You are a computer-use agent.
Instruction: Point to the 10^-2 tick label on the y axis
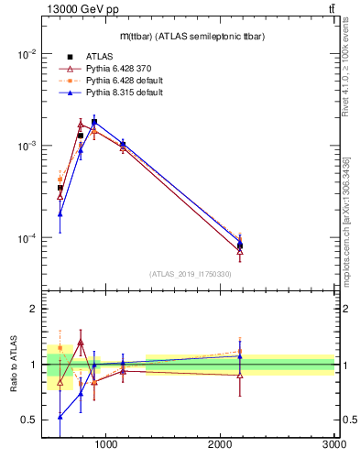(26, 54)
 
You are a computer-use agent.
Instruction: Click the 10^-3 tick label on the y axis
(26, 147)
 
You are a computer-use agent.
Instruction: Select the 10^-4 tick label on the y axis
(26, 238)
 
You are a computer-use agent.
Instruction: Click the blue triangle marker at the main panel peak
(94, 122)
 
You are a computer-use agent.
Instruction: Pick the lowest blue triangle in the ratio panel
(60, 416)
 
